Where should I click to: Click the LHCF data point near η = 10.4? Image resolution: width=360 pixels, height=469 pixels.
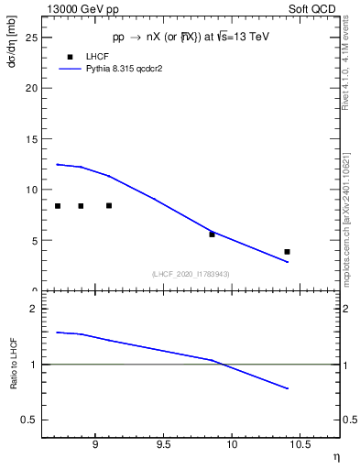pyautogui.click(x=287, y=251)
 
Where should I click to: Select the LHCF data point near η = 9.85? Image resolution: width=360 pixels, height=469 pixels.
pyautogui.click(x=212, y=234)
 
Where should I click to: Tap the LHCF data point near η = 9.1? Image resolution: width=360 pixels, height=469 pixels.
pyautogui.click(x=109, y=205)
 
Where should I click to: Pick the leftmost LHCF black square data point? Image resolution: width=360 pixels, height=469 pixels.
pyautogui.click(x=58, y=206)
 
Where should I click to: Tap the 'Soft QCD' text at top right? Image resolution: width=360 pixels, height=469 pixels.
pyautogui.click(x=316, y=7)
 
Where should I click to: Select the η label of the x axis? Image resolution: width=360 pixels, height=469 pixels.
pyautogui.click(x=335, y=455)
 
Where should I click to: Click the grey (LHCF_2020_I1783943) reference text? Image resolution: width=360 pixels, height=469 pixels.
pyautogui.click(x=191, y=274)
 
